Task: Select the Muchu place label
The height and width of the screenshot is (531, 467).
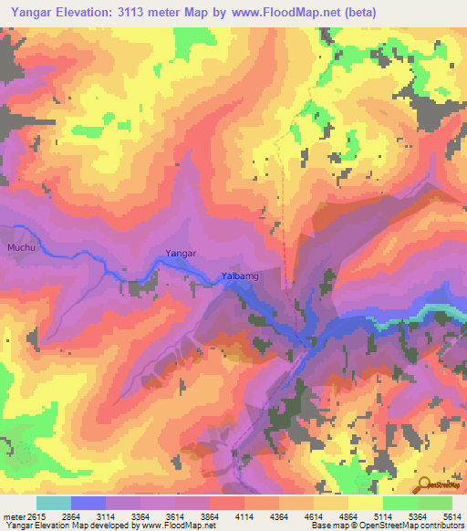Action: click(19, 247)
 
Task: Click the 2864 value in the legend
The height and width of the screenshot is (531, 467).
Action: click(71, 516)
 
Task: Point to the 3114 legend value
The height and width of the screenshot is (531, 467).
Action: click(107, 516)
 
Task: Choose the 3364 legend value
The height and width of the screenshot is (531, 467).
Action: click(141, 516)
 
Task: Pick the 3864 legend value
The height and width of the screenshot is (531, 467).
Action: click(211, 516)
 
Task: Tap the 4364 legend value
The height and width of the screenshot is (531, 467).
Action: click(280, 516)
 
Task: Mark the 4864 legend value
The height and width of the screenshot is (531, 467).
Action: click(349, 516)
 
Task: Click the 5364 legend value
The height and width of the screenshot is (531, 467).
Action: click(419, 516)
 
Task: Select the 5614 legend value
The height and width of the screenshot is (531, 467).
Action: click(452, 516)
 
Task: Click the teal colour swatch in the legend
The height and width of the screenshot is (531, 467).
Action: click(54, 503)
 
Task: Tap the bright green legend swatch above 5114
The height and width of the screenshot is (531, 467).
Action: click(400, 503)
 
